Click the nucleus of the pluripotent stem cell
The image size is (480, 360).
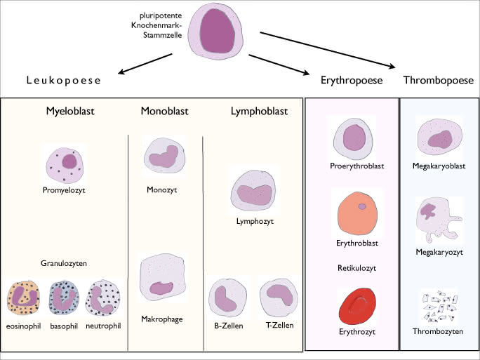(x=218, y=31)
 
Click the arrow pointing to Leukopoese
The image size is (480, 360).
(x=145, y=64)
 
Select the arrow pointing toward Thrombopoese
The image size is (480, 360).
(x=328, y=50)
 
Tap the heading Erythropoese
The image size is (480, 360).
(x=352, y=80)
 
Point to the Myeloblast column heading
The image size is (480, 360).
(x=70, y=111)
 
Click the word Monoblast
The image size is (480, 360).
(x=164, y=111)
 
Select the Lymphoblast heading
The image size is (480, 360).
(x=259, y=111)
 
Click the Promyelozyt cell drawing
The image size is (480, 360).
(x=65, y=166)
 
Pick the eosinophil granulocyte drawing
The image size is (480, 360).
(x=23, y=298)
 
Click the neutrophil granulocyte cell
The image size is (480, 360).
(x=102, y=298)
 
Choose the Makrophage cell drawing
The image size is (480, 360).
(x=163, y=277)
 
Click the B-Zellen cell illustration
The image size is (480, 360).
(x=228, y=298)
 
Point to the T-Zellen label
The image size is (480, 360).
(x=280, y=325)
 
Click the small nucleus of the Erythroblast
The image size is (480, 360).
(x=362, y=206)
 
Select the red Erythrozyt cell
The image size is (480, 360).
(x=358, y=306)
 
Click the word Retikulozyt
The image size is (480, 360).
(x=357, y=268)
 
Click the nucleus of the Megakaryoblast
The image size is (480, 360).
(x=440, y=140)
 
